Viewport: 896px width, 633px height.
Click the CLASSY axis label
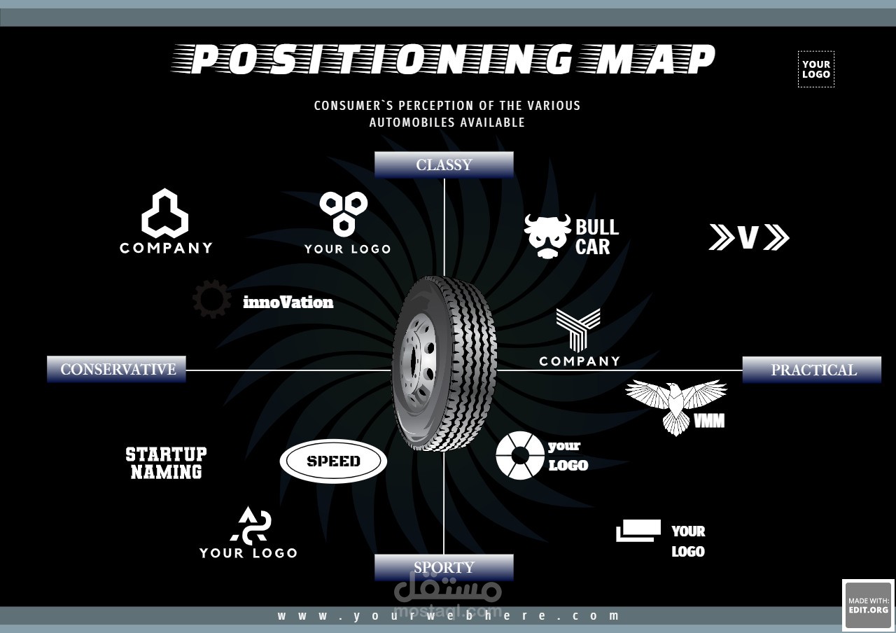click(444, 165)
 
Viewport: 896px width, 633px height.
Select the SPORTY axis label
click(444, 567)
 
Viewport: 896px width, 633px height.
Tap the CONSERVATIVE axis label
click(116, 369)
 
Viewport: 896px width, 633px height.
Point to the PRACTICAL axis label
click(812, 370)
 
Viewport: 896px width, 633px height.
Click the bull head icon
click(547, 236)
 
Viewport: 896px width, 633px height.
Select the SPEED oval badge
click(333, 461)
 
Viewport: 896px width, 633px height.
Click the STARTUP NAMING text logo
click(166, 463)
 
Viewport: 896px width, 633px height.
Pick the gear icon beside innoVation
click(211, 299)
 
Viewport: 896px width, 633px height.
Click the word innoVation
click(288, 302)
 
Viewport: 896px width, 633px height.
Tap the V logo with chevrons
click(749, 237)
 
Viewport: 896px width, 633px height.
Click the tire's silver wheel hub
click(419, 363)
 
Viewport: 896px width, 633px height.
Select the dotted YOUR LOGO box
click(816, 69)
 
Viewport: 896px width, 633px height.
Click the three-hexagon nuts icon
click(344, 214)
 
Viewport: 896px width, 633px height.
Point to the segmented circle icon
click(520, 455)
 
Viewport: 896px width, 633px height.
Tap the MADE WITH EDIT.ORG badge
click(869, 605)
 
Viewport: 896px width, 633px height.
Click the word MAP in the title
click(656, 60)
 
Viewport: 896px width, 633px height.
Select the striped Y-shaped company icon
click(578, 328)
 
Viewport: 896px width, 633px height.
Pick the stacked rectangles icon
click(638, 531)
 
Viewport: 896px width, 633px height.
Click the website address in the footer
click(448, 615)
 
